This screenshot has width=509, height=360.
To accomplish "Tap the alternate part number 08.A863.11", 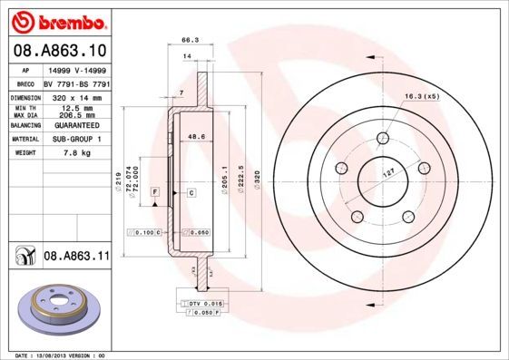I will pos(76,257).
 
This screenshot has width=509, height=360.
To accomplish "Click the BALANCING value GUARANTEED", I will pos(76,126).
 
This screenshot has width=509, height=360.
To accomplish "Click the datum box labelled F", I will pos(156,193).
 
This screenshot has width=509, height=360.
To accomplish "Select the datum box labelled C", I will pos(191,193).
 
